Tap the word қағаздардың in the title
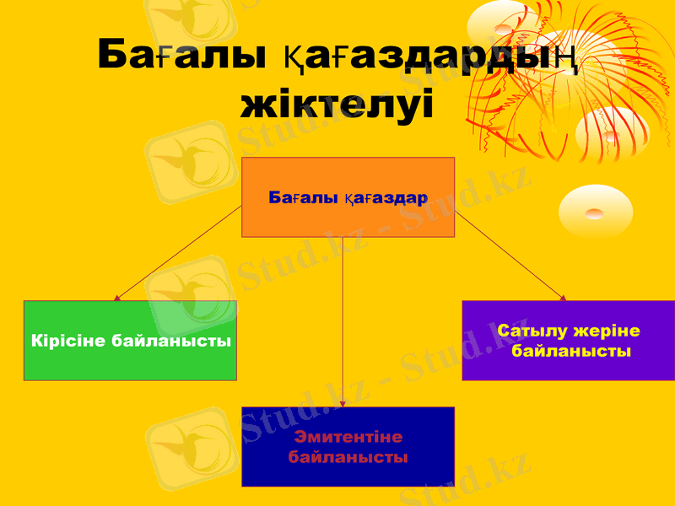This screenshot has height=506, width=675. coord(425,56)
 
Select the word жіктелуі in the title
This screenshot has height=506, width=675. coord(337,105)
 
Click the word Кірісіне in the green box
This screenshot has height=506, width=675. coord(68,342)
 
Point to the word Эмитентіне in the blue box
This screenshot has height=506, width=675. coord(348,437)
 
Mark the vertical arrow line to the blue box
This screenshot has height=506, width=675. coord(343,320)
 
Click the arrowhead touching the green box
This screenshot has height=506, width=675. coord(117,297)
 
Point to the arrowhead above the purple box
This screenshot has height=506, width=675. coord(563,296)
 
